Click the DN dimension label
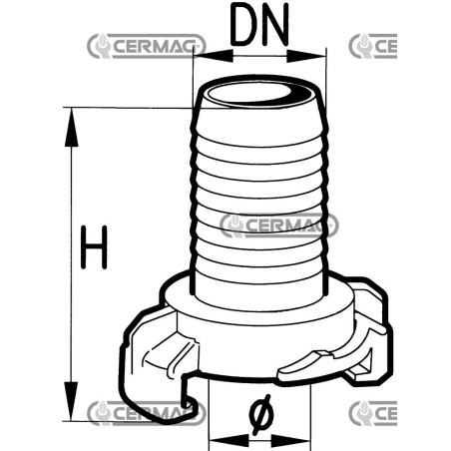click(x=259, y=24)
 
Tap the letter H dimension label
click(x=94, y=247)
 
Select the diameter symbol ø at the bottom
click(x=260, y=414)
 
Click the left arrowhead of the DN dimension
click(x=214, y=56)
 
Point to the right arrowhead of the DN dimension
click(x=306, y=56)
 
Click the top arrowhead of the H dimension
click(x=71, y=127)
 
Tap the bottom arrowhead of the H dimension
click(x=71, y=401)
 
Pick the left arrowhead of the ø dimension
click(x=228, y=441)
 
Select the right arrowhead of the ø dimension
click(x=290, y=441)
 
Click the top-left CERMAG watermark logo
click(x=147, y=46)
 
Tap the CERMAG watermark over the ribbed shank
click(x=279, y=225)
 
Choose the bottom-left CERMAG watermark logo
click(x=147, y=413)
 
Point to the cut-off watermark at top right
click(x=373, y=46)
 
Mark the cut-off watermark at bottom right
click(x=373, y=413)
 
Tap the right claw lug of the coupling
click(x=369, y=319)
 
